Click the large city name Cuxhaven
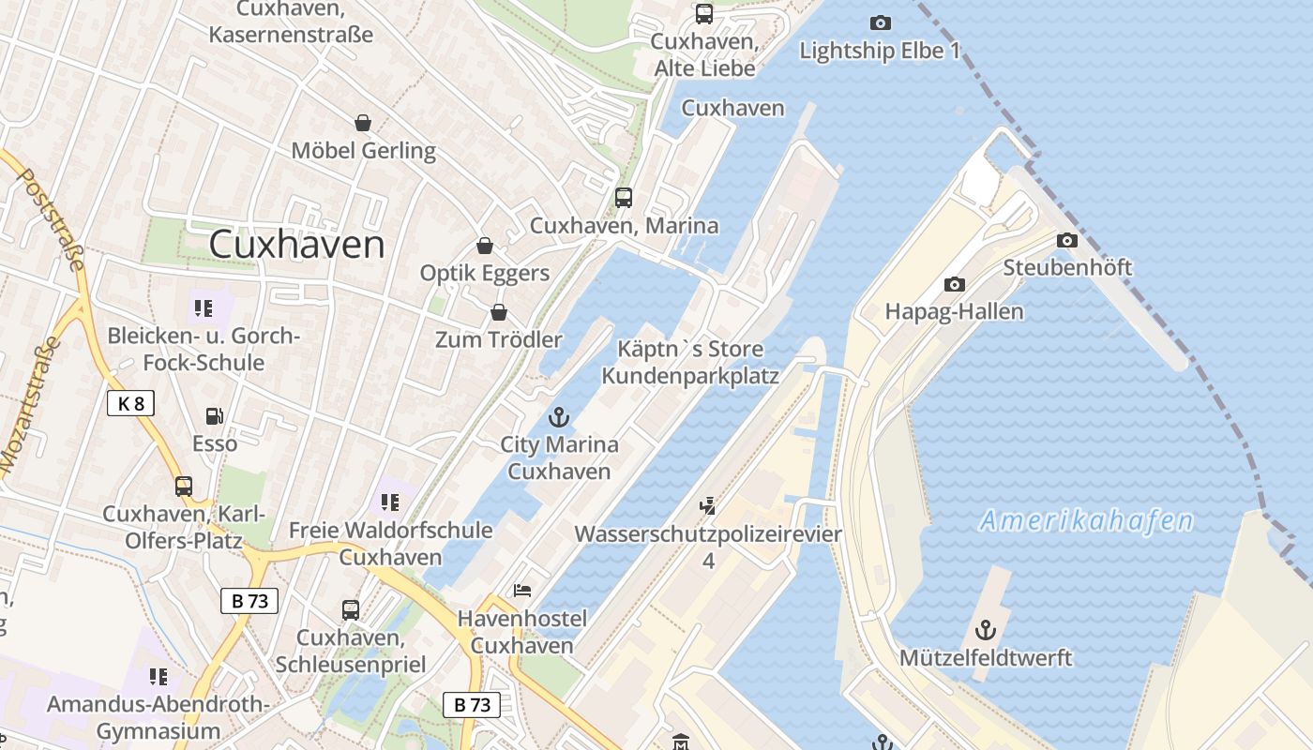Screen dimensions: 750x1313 pos(296,245)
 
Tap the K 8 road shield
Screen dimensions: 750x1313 pos(130,404)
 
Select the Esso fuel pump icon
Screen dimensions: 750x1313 pos(215,416)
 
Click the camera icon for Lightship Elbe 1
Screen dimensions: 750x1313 pos(880,22)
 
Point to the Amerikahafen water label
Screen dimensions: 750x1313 pos(1086,521)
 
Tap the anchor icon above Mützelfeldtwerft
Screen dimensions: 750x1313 pos(985,629)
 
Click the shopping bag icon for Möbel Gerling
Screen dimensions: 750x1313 pos(363,123)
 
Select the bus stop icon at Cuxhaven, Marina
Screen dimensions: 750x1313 pos(624,198)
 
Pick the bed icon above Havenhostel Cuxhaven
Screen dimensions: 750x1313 pos(522,591)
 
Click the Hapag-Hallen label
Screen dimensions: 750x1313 pos(954,311)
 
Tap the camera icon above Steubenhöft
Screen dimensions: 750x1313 pos(1067,241)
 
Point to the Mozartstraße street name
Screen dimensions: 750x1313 pos(29,404)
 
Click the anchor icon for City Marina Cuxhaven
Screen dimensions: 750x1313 pos(559,417)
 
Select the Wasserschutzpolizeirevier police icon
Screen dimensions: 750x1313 pos(708,506)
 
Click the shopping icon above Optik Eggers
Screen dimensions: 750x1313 pos(485,246)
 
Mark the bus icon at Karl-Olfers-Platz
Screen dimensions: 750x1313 pos(184,487)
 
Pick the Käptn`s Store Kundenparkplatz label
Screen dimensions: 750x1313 pos(690,363)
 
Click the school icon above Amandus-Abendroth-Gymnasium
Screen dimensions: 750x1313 pos(158,677)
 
